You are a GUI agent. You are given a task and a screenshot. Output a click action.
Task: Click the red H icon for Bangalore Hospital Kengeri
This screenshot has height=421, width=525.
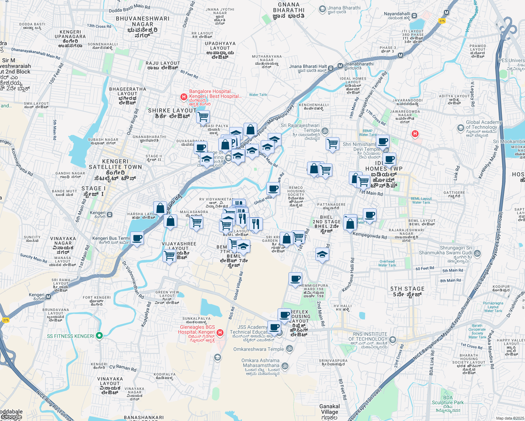[183, 96]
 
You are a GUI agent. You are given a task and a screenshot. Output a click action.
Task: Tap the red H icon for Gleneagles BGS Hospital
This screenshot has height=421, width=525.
[220, 332]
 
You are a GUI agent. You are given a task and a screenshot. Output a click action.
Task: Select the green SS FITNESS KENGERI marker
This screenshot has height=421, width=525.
[99, 336]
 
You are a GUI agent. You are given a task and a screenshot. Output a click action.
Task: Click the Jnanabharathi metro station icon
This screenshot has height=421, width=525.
[340, 66]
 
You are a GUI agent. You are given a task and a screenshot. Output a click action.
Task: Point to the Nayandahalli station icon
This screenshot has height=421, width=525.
[414, 15]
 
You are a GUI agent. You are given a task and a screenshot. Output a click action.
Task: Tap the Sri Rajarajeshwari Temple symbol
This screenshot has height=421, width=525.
[325, 131]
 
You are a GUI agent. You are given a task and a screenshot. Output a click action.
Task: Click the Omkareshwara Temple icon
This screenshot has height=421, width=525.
[290, 348]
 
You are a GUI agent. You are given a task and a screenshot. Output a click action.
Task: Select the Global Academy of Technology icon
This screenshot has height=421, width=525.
[461, 128]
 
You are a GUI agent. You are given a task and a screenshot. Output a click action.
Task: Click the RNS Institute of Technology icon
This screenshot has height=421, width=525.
[393, 339]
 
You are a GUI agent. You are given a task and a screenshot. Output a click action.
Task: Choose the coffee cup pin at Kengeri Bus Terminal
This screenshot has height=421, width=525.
[137, 238]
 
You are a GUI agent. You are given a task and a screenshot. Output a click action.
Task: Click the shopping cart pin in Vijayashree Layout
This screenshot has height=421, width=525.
[170, 255]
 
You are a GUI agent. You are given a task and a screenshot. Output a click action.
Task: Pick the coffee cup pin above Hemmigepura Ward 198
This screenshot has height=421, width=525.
[295, 279]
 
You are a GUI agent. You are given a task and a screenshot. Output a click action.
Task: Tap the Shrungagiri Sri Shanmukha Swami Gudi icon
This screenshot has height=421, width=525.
[477, 253]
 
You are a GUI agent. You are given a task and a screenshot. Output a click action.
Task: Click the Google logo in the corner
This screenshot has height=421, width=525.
[11, 417]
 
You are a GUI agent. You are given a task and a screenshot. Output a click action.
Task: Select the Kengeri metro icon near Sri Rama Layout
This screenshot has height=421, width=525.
[48, 297]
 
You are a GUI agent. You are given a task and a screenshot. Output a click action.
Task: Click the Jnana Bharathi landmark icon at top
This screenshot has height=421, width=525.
[322, 9]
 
